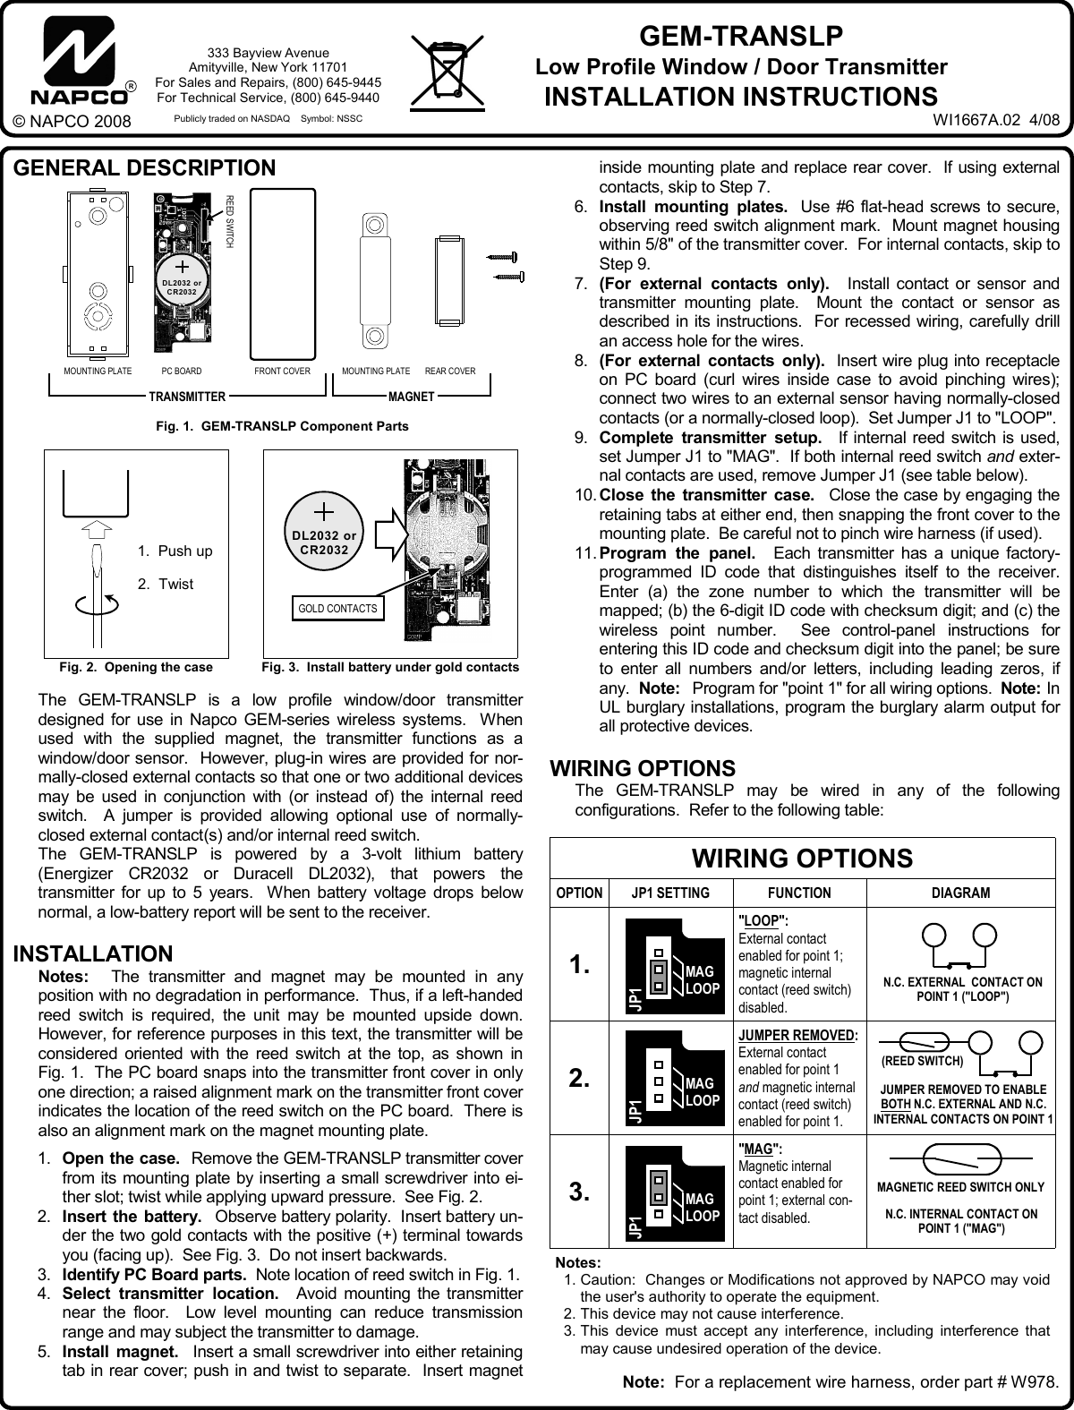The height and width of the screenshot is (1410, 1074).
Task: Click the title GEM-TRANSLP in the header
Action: pos(740,37)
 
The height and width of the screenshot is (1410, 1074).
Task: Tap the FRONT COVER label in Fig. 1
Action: pos(283,371)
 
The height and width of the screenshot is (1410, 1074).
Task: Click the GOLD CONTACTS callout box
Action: pos(338,609)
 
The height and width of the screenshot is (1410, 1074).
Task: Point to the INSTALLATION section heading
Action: pos(93,953)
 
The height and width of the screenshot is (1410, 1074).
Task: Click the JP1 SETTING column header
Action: pos(670,893)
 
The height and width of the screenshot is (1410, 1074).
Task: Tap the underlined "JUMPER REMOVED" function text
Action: pos(796,1036)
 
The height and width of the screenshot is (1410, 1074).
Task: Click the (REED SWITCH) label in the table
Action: pos(922,1061)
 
